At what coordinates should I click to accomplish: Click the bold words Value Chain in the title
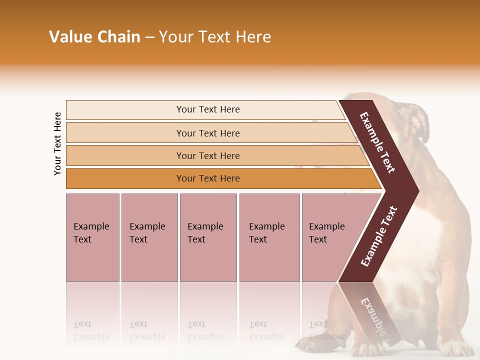pos(94,37)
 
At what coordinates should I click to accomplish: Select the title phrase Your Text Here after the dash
pos(215,37)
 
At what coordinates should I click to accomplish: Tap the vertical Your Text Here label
pos(57,144)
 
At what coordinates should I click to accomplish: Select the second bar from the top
pos(207,133)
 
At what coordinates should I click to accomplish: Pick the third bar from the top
pos(207,155)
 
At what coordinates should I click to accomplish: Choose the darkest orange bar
pos(207,178)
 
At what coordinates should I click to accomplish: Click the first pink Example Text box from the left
pos(92,237)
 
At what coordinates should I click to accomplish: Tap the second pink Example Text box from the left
pos(149,237)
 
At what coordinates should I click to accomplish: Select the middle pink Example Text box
pos(208,237)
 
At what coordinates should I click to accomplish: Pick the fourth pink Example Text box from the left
pos(269,237)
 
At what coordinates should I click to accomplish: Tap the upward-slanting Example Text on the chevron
pos(379,236)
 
